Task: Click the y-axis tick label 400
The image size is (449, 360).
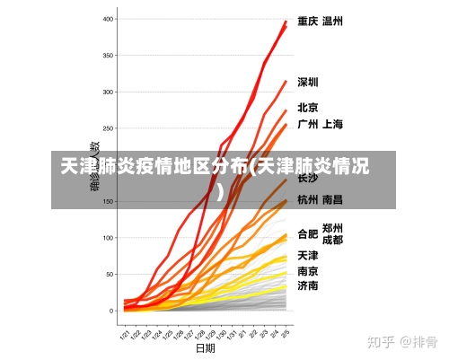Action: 109,19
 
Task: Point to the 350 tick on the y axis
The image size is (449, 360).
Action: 109,56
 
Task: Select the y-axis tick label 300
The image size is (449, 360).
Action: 109,92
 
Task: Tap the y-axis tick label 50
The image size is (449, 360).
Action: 110,275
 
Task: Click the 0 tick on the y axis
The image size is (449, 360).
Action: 113,311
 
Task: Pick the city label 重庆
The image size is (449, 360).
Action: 308,21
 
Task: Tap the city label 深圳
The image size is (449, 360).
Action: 308,83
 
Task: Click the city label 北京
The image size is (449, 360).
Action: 308,108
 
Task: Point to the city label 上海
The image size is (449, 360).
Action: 332,124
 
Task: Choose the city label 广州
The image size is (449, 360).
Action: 308,124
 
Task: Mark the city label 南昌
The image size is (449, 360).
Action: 332,199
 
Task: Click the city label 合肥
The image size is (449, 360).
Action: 308,235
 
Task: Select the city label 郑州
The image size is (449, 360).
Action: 332,228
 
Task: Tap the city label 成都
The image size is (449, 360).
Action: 332,241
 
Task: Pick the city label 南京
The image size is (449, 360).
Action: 308,270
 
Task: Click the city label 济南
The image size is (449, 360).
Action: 308,285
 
